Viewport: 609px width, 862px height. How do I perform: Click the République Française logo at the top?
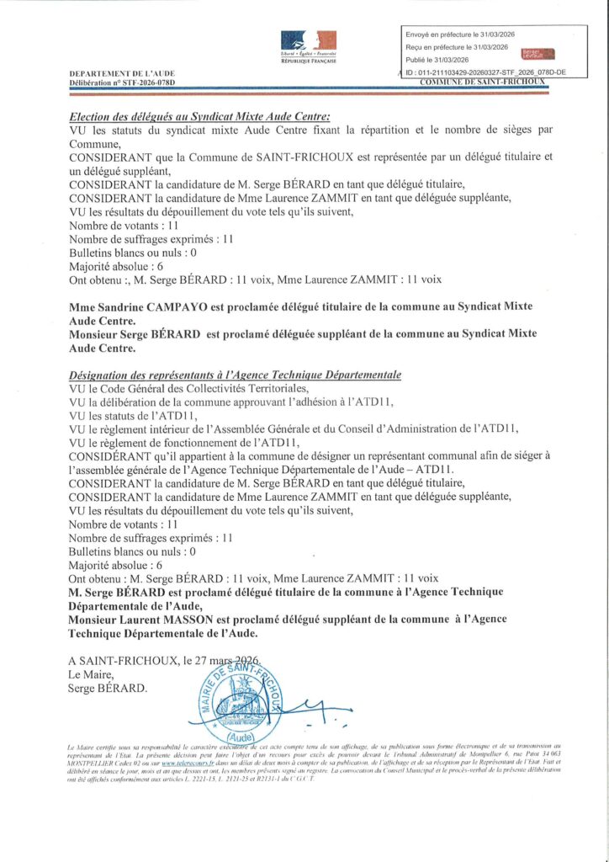(x=308, y=46)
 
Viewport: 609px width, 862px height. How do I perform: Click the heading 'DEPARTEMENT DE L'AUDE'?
(x=122, y=74)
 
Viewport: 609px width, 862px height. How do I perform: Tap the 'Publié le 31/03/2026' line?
(x=442, y=60)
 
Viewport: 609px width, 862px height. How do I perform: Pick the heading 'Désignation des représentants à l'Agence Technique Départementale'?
(x=235, y=374)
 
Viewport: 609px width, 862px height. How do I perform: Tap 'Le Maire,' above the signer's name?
(x=90, y=675)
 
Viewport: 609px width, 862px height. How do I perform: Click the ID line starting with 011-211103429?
(x=485, y=72)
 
